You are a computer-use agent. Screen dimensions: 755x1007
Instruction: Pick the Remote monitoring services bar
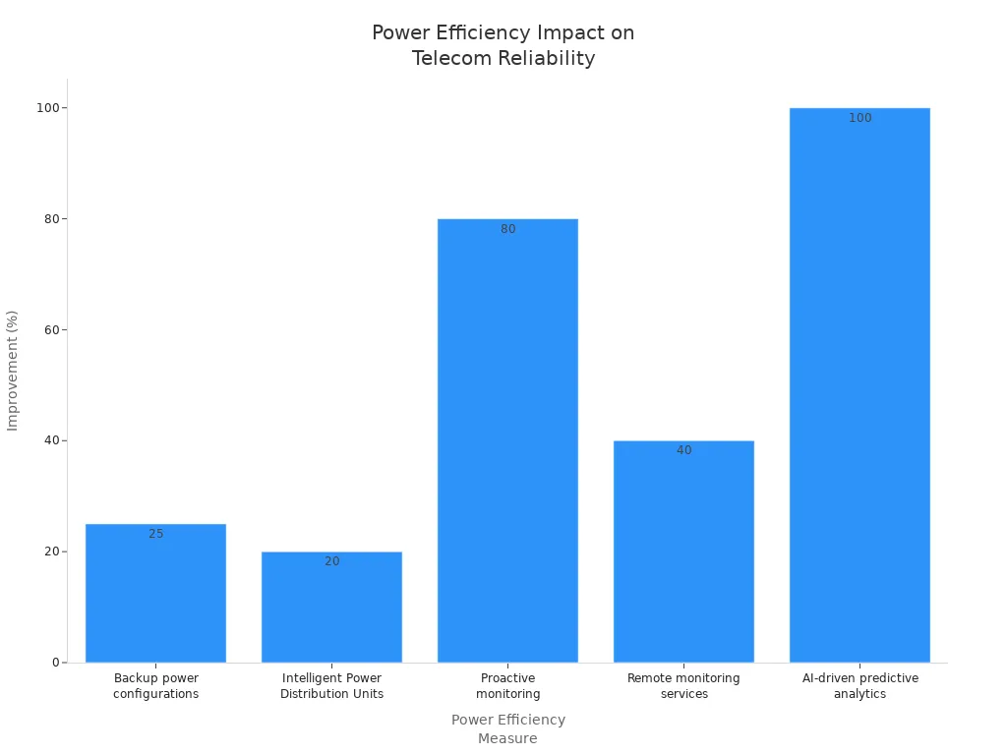tap(683, 552)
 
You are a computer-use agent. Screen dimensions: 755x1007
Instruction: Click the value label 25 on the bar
tap(156, 534)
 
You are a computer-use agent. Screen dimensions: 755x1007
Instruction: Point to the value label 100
tap(859, 118)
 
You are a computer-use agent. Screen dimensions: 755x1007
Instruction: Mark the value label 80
tap(507, 229)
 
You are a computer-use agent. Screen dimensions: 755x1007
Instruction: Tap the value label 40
tap(683, 450)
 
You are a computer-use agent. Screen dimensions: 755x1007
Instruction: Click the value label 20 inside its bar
tap(331, 561)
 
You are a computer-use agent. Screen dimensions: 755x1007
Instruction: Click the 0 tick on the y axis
tap(56, 663)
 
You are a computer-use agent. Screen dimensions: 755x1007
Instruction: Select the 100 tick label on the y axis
tap(46, 107)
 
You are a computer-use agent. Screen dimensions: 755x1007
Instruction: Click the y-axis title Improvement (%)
tap(13, 370)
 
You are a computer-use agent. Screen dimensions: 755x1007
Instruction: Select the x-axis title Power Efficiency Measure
tap(507, 728)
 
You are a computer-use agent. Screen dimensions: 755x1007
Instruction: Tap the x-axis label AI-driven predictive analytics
tap(859, 686)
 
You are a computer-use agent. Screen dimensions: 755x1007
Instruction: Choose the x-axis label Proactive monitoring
tap(507, 686)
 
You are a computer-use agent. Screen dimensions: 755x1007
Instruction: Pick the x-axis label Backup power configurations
tap(155, 686)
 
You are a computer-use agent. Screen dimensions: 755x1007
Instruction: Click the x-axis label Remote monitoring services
tap(683, 686)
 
